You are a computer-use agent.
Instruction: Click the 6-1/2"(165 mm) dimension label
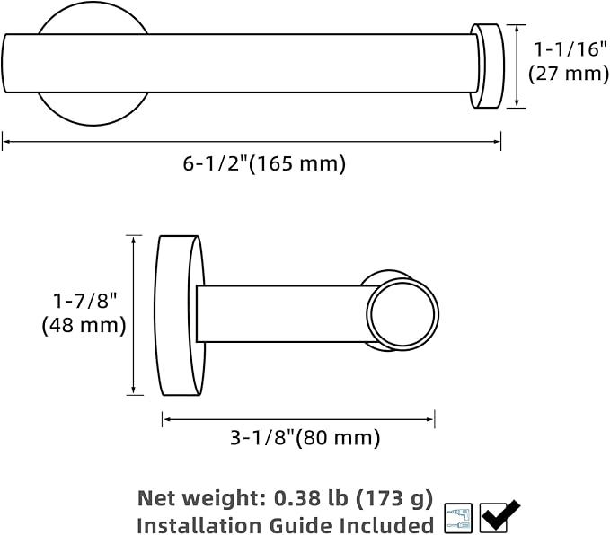click(264, 163)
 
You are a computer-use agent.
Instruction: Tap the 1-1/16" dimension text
click(570, 49)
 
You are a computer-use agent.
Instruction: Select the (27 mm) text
click(569, 73)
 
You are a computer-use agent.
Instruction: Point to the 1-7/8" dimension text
click(84, 300)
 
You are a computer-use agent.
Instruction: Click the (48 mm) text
click(84, 325)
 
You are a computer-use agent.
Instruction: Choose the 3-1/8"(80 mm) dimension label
click(305, 438)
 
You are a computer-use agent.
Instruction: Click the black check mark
click(500, 515)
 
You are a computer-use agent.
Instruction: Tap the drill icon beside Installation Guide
click(458, 518)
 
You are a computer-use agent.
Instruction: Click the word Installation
click(200, 526)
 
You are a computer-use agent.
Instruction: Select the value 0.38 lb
click(311, 497)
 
